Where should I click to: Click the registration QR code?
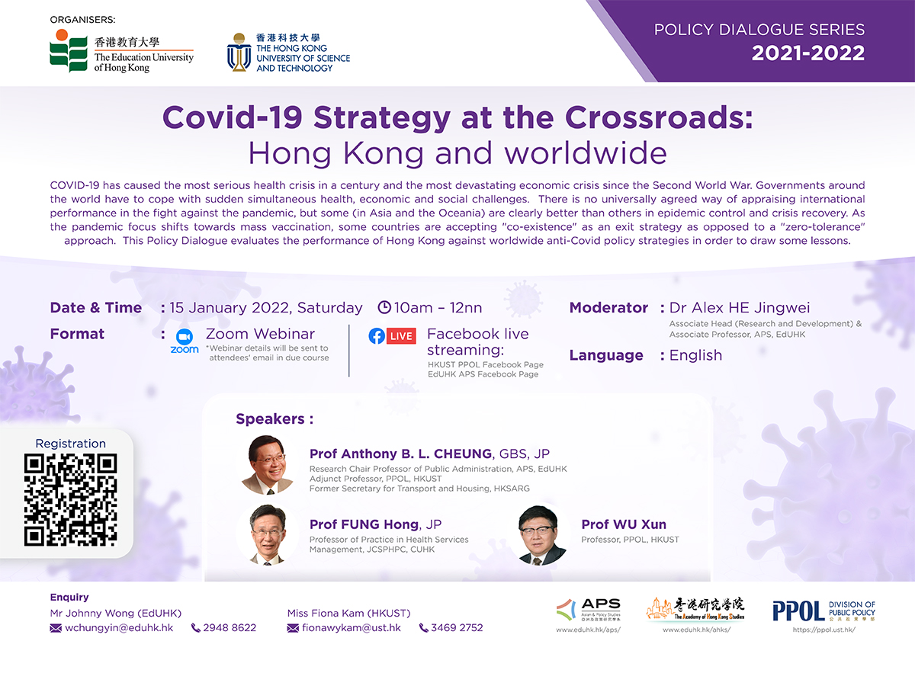click(70, 500)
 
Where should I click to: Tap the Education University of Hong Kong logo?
click(121, 51)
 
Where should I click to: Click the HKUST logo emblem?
click(239, 52)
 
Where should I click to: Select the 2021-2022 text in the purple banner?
click(807, 53)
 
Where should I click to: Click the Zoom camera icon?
click(185, 337)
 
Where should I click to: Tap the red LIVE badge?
click(401, 336)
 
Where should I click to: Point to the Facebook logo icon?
click(377, 336)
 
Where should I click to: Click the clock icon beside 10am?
click(384, 307)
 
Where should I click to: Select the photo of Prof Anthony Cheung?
click(267, 464)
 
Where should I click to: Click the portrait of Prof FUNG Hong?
click(267, 535)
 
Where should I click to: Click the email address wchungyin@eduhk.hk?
click(119, 627)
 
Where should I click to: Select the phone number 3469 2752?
click(457, 627)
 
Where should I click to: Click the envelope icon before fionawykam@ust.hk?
click(293, 628)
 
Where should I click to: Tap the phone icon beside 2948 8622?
click(195, 627)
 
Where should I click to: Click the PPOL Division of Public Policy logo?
click(823, 611)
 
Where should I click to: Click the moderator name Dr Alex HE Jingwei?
click(740, 307)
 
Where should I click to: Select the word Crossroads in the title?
click(659, 117)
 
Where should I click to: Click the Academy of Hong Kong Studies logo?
click(695, 609)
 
